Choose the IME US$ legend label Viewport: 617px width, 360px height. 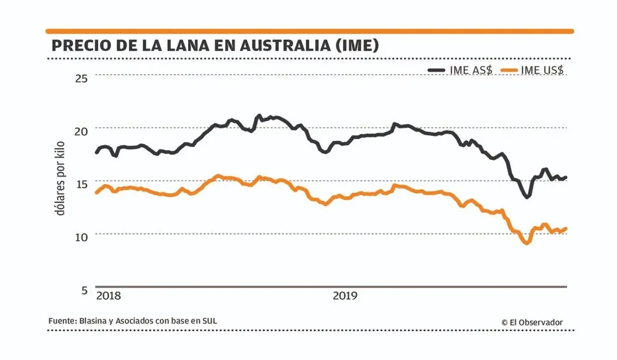pos(542,70)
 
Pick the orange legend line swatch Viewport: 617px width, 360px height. pos(510,70)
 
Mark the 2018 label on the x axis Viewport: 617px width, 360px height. pos(109,296)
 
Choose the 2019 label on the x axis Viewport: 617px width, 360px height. pos(346,296)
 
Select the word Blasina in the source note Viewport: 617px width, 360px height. pos(93,321)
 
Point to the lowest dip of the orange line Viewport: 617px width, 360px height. pos(526,243)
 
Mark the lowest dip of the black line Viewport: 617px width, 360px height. pos(527,196)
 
